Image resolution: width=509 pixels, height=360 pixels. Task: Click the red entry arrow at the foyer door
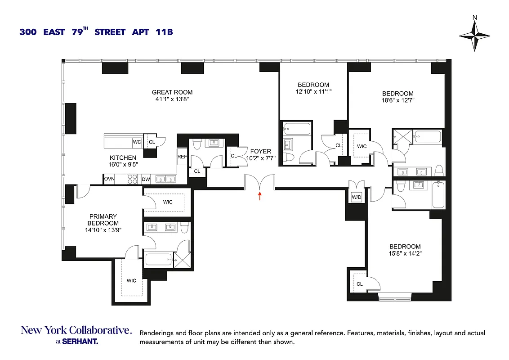point(259,195)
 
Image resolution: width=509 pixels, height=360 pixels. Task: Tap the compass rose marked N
point(475,36)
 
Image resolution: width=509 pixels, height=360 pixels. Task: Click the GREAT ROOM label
point(172,92)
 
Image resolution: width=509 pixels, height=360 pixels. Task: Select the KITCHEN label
point(123,157)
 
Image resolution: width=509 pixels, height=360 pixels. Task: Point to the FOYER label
point(261,152)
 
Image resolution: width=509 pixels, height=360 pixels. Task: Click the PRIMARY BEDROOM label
point(103,220)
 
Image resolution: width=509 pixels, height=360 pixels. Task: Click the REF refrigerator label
point(182,157)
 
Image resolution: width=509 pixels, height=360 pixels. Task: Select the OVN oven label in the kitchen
point(109,179)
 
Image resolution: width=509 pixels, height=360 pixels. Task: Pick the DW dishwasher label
point(146,179)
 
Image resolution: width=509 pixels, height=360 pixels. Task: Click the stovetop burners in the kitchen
point(133,179)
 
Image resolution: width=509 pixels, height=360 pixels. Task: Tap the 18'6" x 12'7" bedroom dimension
point(398,100)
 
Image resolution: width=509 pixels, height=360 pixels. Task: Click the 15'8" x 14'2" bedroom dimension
point(405,253)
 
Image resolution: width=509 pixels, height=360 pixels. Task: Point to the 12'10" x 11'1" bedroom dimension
point(313,91)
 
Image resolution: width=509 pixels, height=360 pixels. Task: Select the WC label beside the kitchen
point(137,142)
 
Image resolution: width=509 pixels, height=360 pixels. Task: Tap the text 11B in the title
point(165,32)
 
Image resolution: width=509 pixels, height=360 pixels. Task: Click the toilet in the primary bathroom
point(184,228)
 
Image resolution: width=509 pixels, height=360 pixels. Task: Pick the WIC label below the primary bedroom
point(131,281)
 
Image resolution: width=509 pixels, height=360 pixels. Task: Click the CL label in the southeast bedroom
point(360,284)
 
